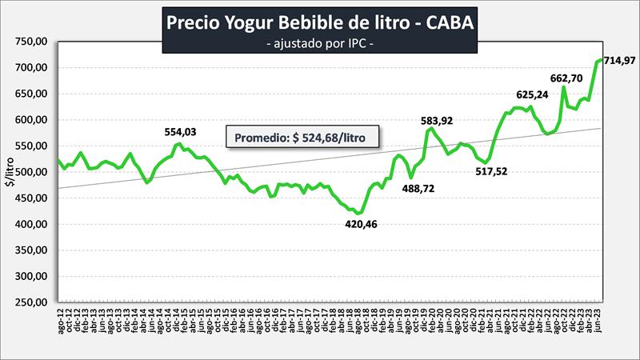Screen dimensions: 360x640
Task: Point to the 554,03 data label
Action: coord(179,133)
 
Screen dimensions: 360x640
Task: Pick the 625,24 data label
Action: coord(532,94)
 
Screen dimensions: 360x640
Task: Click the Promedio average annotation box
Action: coord(302,137)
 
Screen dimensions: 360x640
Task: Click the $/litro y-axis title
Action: coord(10,172)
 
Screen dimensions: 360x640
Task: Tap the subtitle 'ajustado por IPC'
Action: coord(319,44)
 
